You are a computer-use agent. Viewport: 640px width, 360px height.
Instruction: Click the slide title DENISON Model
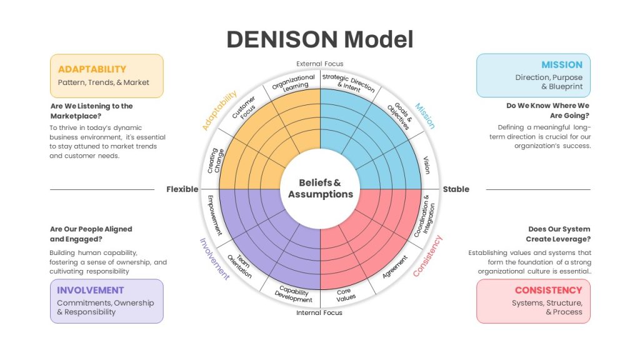click(320, 39)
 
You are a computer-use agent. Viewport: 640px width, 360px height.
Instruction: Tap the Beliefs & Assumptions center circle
click(321, 189)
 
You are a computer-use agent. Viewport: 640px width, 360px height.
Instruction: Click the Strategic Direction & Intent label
click(347, 83)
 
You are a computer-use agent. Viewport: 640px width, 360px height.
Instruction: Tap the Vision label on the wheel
click(426, 165)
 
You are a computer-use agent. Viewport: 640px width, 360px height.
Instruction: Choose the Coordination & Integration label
click(424, 216)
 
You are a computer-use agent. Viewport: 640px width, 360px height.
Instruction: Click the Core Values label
click(345, 295)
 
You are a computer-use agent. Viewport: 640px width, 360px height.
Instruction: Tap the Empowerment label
click(214, 215)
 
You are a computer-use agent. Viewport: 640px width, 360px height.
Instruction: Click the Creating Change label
click(216, 160)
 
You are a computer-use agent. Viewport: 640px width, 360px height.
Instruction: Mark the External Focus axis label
click(320, 64)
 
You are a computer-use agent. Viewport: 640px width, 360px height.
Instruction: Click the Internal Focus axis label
click(319, 312)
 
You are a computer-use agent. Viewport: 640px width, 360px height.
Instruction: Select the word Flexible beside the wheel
click(182, 189)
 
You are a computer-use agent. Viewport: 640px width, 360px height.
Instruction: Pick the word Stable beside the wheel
click(456, 189)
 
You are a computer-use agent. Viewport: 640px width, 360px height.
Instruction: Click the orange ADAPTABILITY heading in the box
click(92, 69)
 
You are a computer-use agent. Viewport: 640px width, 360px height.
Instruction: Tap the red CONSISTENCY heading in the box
click(549, 290)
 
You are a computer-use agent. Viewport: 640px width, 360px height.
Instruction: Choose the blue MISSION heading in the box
click(562, 65)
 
